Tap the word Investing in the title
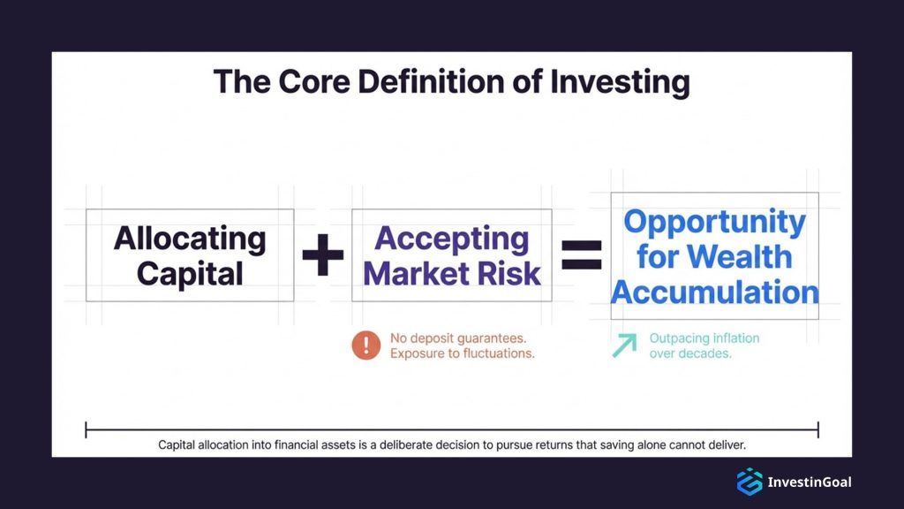coord(620,82)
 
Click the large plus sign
coord(322,256)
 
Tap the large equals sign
coord(582,255)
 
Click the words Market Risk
coord(452,273)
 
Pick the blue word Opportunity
coord(714,221)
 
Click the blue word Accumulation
coord(714,292)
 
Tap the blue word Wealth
coord(740,256)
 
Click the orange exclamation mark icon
coord(366,346)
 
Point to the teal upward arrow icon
coord(624,346)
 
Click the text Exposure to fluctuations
coord(462,353)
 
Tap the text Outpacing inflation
coord(704,338)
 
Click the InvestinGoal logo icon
coord(750,482)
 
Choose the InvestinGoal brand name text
coord(809,482)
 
